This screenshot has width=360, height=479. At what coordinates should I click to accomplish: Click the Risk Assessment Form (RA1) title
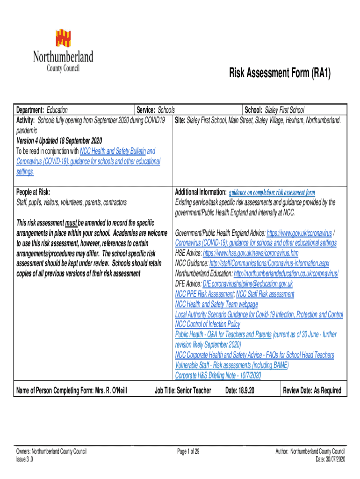pos(280,73)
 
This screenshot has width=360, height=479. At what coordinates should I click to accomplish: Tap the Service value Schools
pos(166,110)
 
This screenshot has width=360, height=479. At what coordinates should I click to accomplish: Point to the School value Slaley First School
pos(284,110)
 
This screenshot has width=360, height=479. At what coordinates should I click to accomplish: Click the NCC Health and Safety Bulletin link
pos(113,151)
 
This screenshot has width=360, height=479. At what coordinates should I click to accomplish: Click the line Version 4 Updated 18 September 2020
pos(59,141)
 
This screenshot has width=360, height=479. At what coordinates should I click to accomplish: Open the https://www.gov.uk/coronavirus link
pos(299,233)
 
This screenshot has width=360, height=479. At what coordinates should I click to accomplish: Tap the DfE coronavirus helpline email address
pos(247,284)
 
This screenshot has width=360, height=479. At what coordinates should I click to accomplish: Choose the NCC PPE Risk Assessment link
pos(204,294)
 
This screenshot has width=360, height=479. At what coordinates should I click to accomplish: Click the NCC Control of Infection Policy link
pos(208,325)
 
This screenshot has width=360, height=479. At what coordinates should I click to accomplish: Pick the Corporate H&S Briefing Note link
pos(218,376)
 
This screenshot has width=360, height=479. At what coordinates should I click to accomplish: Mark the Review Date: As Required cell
pos(312,391)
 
